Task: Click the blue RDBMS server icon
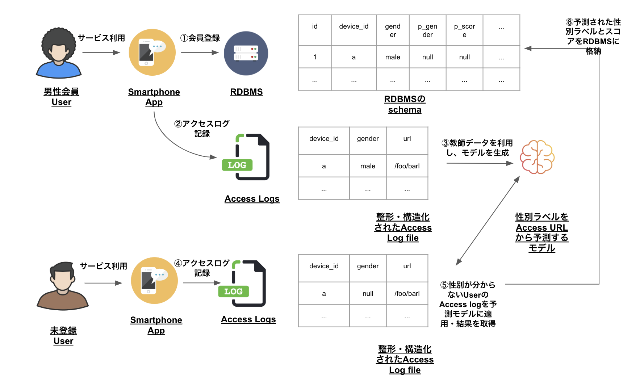246,54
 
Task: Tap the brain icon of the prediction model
537,157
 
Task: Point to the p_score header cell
464,30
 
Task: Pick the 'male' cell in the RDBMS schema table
393,57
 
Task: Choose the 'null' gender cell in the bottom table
368,294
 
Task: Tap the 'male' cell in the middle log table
368,166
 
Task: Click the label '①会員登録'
200,38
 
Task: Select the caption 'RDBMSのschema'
405,104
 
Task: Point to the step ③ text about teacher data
477,148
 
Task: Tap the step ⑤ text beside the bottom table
468,304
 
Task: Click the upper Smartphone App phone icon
152,53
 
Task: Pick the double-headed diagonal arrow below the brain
488,221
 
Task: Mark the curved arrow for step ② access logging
174,145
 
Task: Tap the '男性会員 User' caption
61,97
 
